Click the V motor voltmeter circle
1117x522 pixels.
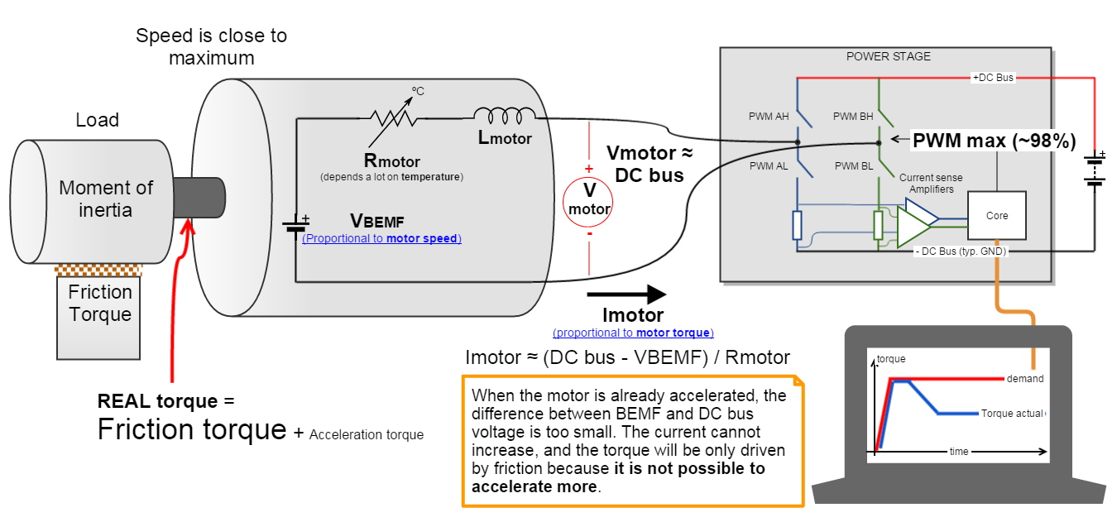click(589, 199)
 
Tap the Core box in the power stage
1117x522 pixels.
click(996, 216)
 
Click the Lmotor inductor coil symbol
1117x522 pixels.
click(503, 115)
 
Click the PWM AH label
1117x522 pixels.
click(769, 117)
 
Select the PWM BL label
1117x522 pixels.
click(853, 166)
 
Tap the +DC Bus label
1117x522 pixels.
click(992, 77)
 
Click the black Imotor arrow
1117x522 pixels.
click(626, 294)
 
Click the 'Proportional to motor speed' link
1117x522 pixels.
click(381, 238)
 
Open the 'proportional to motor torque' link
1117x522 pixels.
click(633, 333)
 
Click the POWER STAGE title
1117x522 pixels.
click(888, 56)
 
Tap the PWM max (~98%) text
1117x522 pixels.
click(994, 141)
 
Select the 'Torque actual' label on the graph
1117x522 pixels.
click(1012, 413)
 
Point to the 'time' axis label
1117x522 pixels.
click(958, 452)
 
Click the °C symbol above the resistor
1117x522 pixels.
click(418, 91)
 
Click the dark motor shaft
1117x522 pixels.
click(200, 198)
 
